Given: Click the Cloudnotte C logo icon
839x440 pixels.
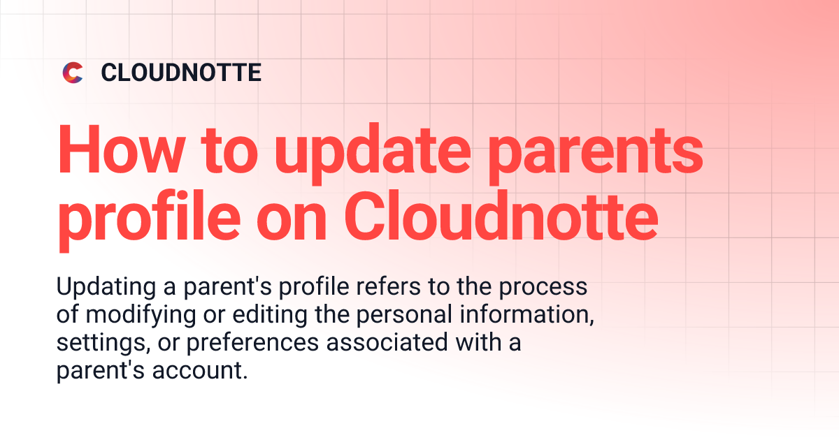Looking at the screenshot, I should (x=73, y=73).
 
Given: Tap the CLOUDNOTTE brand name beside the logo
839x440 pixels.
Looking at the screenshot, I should (x=181, y=73).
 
